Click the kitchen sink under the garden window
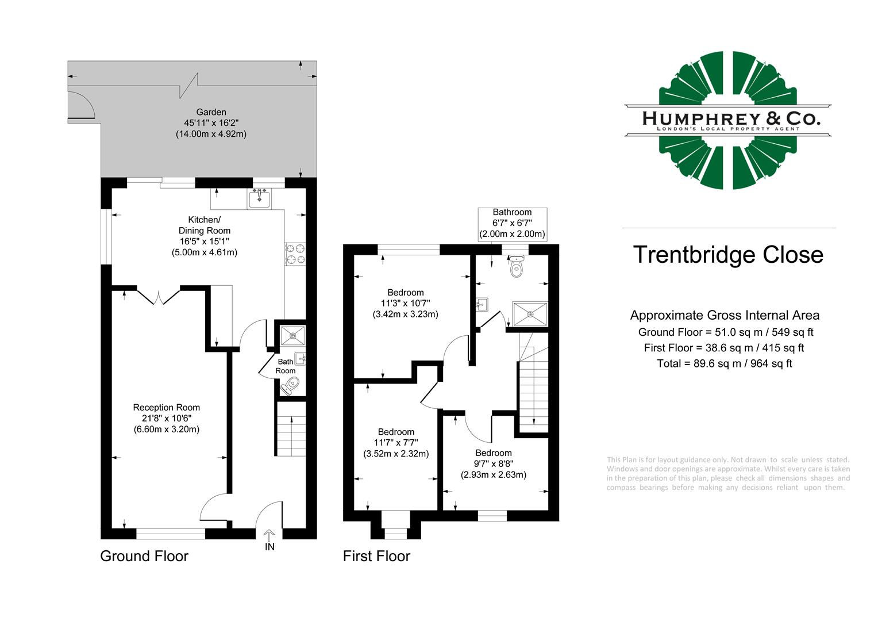tap(259, 198)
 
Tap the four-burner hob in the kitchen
tap(296, 254)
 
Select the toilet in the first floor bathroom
tap(517, 267)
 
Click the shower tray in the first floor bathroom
tap(530, 314)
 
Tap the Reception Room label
tap(166, 407)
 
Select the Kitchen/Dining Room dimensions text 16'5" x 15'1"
tap(204, 241)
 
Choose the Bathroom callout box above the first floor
tap(512, 223)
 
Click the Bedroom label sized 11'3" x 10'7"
tap(405, 293)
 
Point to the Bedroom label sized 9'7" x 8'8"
tap(493, 453)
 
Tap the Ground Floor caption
tap(144, 556)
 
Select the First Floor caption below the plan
tap(376, 556)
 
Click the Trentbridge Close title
tap(728, 255)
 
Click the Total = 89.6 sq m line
tap(724, 363)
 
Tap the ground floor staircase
tap(291, 429)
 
